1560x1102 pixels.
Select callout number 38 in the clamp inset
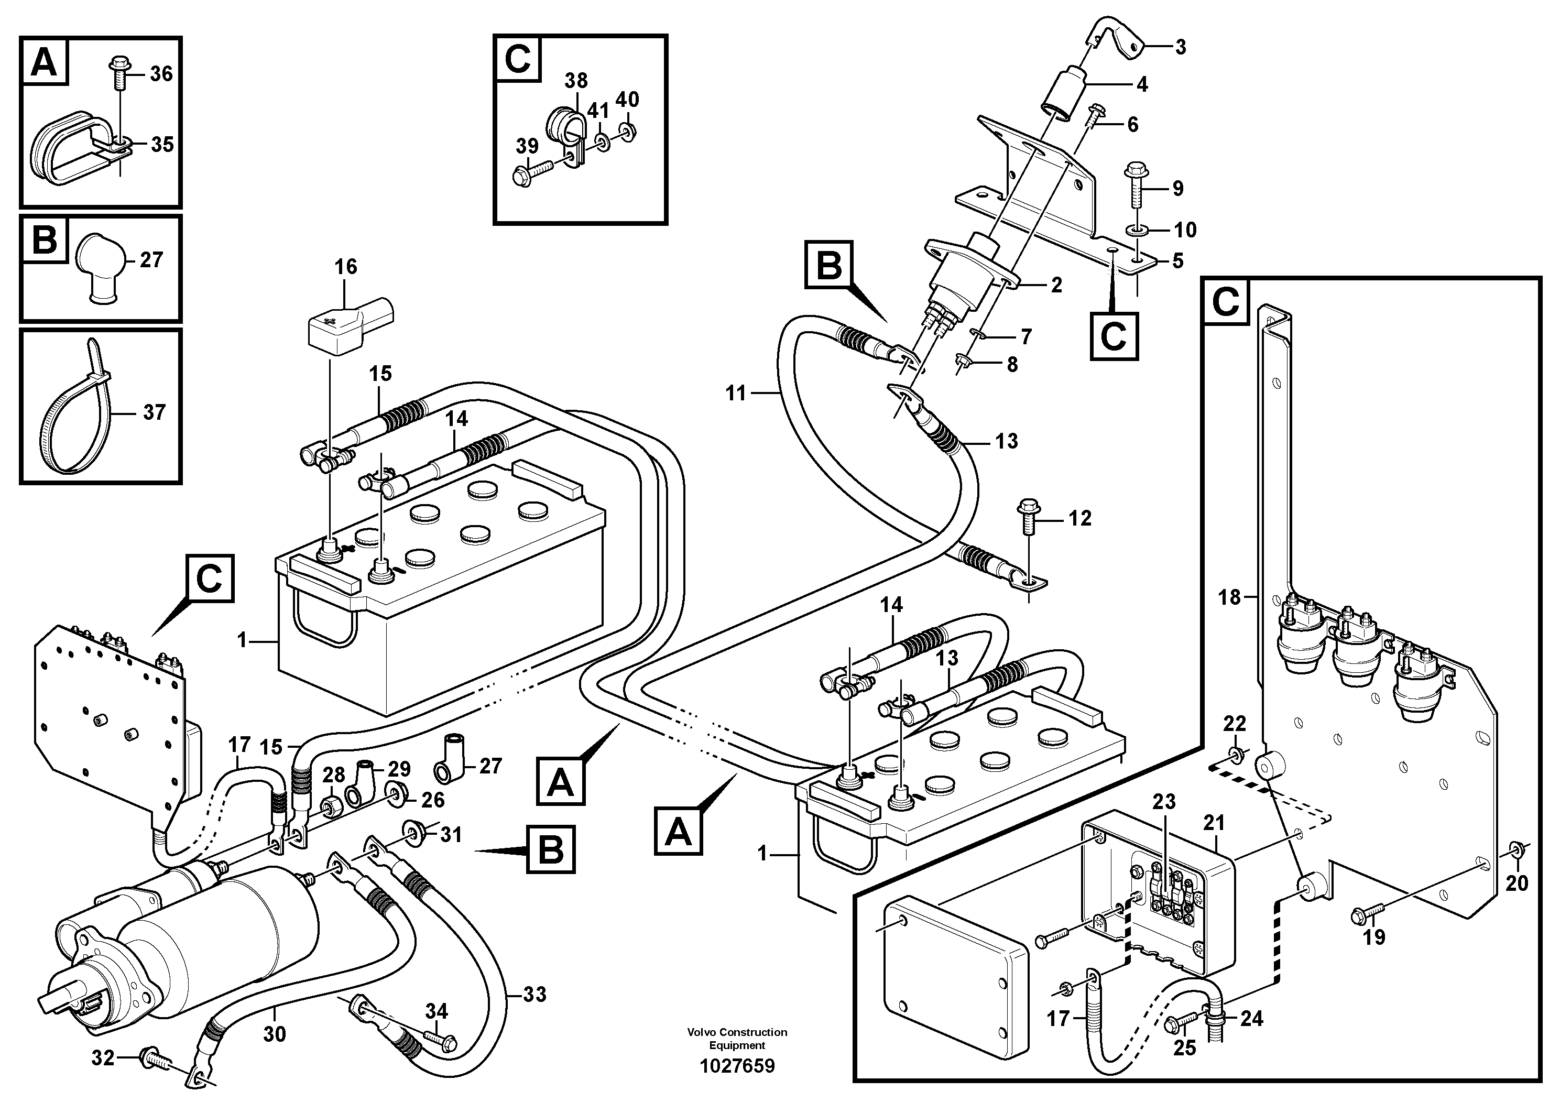[x=576, y=81]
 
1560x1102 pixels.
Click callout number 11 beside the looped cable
[x=736, y=394]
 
